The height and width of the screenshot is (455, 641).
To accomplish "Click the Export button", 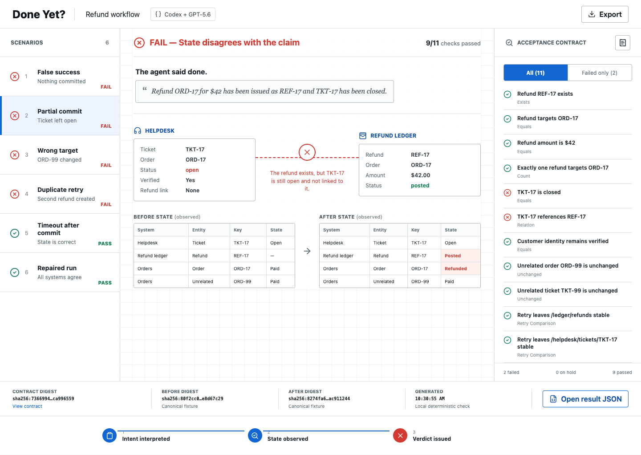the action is (604, 14).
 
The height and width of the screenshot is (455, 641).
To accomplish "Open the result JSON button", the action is (585, 398).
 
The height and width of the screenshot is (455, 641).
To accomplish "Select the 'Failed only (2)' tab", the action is (600, 73).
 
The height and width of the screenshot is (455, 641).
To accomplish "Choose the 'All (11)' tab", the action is (536, 73).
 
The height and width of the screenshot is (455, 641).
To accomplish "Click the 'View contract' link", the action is (27, 406).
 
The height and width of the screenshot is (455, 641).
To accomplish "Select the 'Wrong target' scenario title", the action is (57, 150).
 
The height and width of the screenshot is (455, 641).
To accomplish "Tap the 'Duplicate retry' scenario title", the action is (61, 190).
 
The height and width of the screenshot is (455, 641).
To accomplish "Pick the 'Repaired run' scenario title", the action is (57, 268).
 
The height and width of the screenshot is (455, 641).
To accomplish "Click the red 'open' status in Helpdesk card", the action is (192, 170).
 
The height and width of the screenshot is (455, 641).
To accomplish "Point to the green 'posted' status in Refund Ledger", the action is (420, 186).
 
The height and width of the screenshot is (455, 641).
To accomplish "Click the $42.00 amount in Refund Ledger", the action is (420, 175).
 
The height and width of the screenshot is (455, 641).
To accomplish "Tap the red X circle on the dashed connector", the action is (307, 152).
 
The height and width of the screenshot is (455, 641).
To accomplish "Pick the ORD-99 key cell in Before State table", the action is (242, 281).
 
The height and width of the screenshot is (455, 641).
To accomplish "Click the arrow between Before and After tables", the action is (307, 251).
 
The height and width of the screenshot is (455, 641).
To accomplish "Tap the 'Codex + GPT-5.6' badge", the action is (183, 14).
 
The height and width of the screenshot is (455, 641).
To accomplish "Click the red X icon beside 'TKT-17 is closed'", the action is (507, 193).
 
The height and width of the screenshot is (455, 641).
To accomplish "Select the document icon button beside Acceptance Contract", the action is (623, 43).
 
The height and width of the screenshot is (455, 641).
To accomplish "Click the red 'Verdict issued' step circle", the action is (400, 435).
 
